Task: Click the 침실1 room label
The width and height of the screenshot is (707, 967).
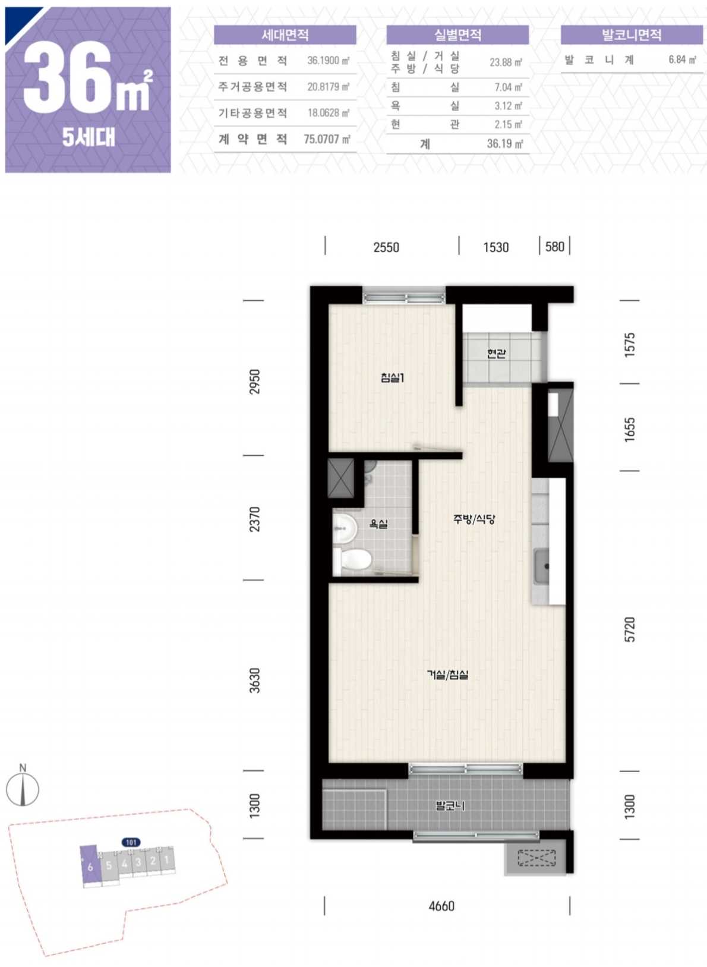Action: pos(392,378)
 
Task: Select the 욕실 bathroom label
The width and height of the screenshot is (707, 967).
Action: pos(378,524)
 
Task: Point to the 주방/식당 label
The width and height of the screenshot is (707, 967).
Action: pos(474,519)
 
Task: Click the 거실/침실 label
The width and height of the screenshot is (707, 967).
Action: pos(447,675)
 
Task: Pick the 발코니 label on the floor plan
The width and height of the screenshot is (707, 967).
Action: pos(450,805)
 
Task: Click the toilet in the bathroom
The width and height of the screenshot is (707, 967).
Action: pos(353,560)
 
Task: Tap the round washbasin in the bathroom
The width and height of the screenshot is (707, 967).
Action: pos(345,527)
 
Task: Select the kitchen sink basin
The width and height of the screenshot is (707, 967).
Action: pos(541,565)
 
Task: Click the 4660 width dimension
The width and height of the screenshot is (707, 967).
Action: pos(441,905)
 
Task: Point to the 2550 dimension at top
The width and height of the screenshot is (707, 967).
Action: pos(386,247)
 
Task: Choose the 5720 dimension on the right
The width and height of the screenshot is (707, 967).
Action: pos(630,629)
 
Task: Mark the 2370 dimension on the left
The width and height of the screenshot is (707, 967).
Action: pos(255,519)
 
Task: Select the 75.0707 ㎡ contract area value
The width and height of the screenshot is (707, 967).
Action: pos(327,140)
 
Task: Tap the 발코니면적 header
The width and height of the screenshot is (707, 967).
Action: pos(632,35)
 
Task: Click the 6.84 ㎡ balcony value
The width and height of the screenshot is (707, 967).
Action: pos(683,59)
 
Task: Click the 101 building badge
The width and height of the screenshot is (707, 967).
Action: pos(131,842)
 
